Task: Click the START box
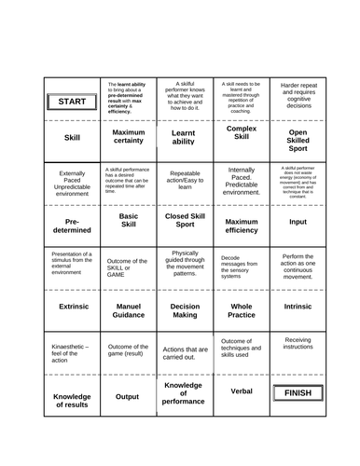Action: point(72,101)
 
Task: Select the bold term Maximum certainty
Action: point(128,137)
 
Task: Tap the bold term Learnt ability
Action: point(184,137)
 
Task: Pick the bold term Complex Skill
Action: point(241,133)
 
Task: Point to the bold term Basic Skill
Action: point(128,222)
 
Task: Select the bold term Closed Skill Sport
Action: point(184,222)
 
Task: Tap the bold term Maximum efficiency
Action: point(241,225)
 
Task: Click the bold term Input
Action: point(297,222)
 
